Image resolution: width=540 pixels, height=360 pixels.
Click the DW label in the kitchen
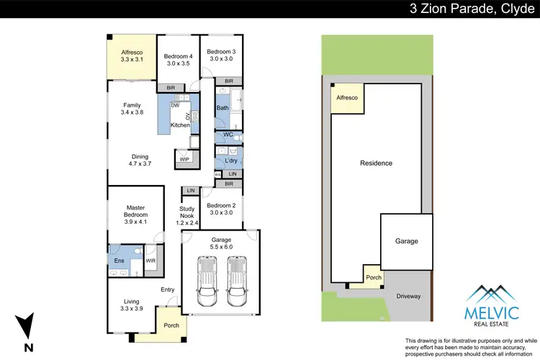click(175, 106)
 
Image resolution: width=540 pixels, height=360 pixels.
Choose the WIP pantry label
click(184, 159)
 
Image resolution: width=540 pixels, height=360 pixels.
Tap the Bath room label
click(222, 109)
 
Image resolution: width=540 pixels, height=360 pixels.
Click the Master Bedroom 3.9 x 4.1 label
click(132, 215)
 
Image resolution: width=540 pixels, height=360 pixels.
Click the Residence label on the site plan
click(376, 163)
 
